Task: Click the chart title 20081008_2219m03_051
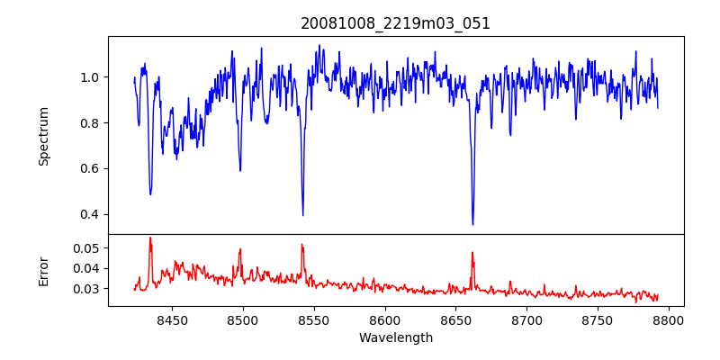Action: (395, 23)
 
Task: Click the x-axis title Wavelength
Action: (395, 337)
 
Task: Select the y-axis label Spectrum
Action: (44, 136)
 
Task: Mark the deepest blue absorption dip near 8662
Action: (472, 224)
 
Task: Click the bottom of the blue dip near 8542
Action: (302, 215)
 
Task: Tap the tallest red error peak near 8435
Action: (150, 238)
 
